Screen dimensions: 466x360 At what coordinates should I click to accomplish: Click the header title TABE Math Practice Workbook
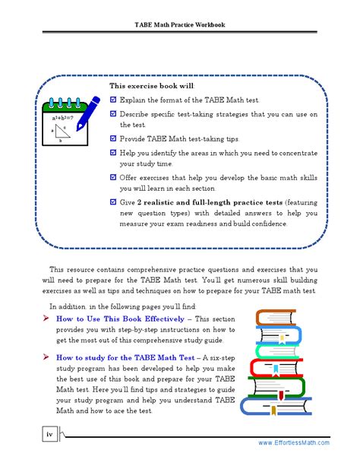click(x=180, y=24)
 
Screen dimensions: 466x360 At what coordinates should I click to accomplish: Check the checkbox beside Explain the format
click(x=113, y=100)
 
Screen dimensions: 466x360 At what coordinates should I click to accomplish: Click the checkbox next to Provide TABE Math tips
click(x=113, y=139)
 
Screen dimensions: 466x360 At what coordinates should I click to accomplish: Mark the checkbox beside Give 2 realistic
click(x=113, y=203)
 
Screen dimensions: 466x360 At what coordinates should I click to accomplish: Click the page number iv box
click(x=49, y=434)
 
